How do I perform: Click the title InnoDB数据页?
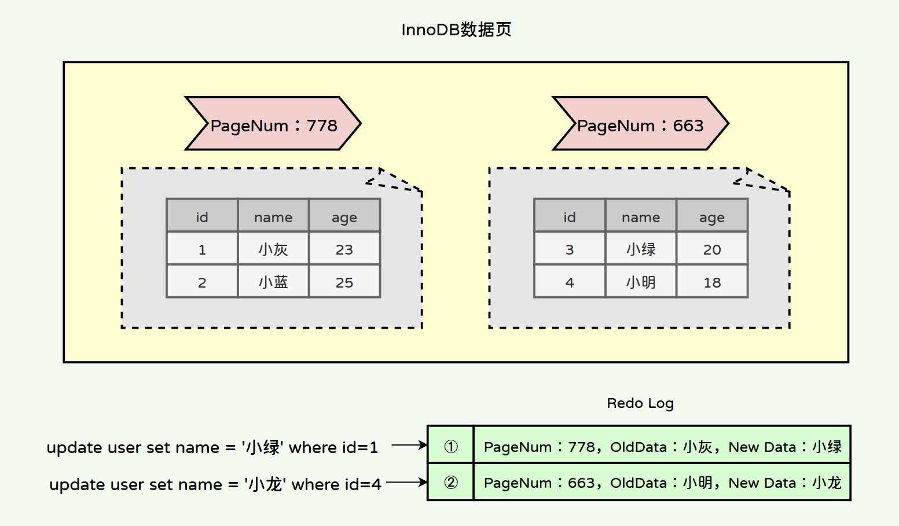pos(456,30)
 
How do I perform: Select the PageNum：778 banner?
pos(273,124)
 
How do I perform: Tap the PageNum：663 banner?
pos(640,124)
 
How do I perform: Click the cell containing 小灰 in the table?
pos(273,249)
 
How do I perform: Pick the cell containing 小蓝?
pos(273,282)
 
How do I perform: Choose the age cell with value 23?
pos(344,249)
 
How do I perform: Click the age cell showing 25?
pos(344,282)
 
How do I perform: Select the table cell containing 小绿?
pos(641,249)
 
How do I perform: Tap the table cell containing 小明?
pos(641,282)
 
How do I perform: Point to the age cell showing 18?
pos(712,282)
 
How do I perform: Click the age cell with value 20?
pos(712,249)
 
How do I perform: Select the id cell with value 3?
pos(570,249)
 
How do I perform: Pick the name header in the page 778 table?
pos(273,217)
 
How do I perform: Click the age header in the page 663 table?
pos(712,217)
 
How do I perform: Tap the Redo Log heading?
pos(640,403)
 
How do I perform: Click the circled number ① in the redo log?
pos(451,446)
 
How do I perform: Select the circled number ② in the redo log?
pos(451,483)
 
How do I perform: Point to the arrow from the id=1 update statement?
pos(409,445)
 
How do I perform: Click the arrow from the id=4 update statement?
pos(406,482)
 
